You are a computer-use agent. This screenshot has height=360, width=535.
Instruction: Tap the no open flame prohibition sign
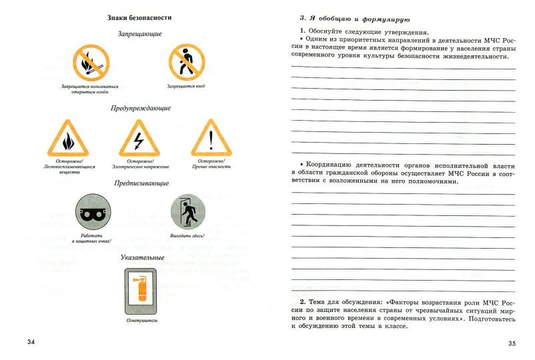91,63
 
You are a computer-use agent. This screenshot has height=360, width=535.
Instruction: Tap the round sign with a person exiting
187,214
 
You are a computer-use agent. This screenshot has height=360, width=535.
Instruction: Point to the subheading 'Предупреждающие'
140,108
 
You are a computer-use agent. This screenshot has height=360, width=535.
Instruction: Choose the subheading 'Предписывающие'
140,183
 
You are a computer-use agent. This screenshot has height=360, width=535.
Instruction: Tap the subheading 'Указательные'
140,257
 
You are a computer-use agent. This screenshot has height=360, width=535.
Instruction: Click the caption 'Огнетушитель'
141,321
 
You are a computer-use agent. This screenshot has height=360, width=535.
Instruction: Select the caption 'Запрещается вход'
187,87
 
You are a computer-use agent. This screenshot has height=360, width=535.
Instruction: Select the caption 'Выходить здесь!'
187,235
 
